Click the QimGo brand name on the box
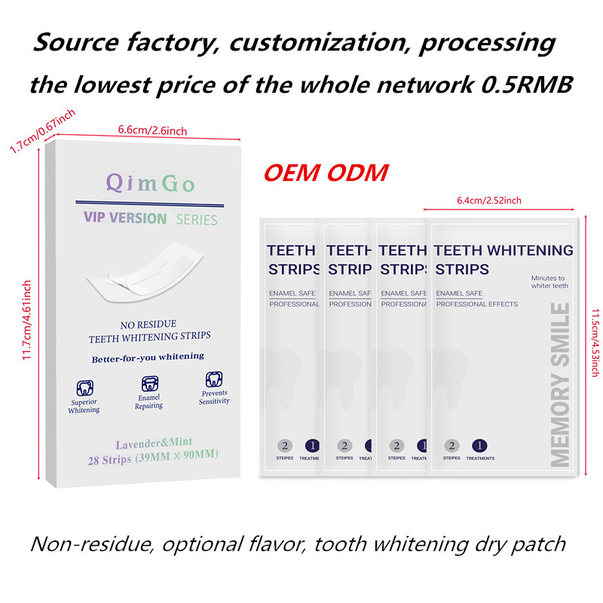tap(151, 183)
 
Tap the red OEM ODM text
tap(326, 173)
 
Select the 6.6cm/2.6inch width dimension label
tap(152, 130)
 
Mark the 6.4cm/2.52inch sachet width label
tap(488, 200)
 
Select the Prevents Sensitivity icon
tap(215, 379)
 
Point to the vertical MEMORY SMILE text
tap(560, 384)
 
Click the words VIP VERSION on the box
tap(115, 219)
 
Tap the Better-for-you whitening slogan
tap(148, 357)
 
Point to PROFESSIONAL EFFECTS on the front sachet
tap(476, 304)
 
